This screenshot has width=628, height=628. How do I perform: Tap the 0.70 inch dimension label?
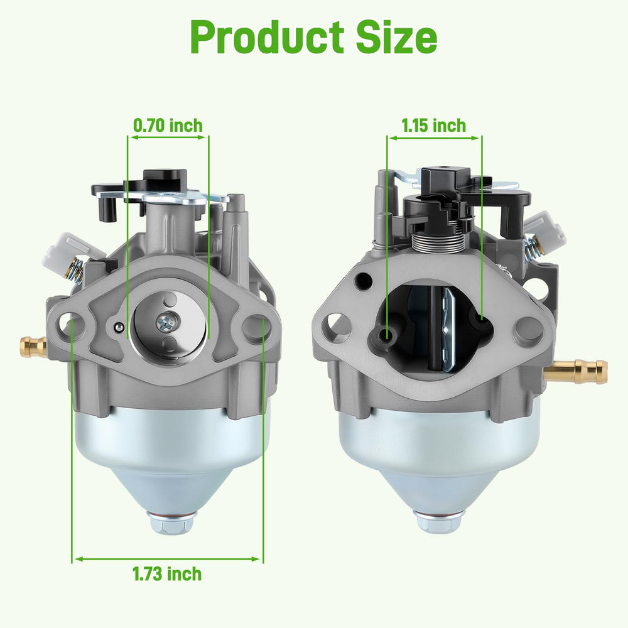click(x=168, y=126)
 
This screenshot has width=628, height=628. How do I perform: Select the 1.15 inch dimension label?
click(x=434, y=126)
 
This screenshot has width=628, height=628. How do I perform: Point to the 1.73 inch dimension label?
click(x=168, y=574)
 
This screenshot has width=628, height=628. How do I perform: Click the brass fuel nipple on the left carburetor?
click(x=33, y=346)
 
